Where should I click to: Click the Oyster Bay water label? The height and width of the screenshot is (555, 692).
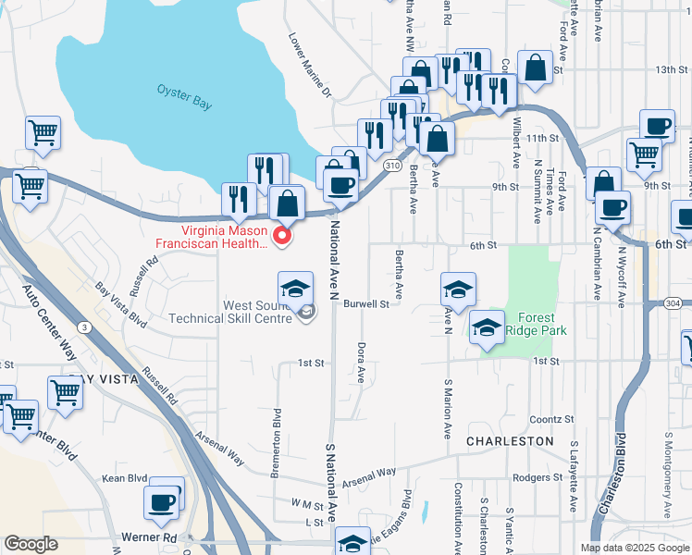pos(184,97)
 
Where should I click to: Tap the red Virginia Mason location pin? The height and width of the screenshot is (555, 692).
pos(283,237)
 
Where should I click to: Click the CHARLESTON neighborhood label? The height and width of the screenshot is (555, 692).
pos(509,441)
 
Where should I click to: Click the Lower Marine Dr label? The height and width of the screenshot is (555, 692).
pos(310,67)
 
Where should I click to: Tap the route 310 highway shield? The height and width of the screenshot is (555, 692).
pos(392,165)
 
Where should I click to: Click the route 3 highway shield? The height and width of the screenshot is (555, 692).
pos(85,327)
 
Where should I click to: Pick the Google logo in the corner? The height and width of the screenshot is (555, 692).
pos(31,544)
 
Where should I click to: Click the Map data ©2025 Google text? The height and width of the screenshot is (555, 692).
pos(634,548)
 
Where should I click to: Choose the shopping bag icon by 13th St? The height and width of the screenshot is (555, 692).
pos(535,67)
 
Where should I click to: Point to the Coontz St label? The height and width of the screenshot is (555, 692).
pos(552,419)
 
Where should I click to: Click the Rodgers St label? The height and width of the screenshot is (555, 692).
pos(532,477)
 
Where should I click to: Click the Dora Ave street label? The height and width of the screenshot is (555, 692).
pos(361,363)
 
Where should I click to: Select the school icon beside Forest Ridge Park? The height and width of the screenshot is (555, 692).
pos(487,327)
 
